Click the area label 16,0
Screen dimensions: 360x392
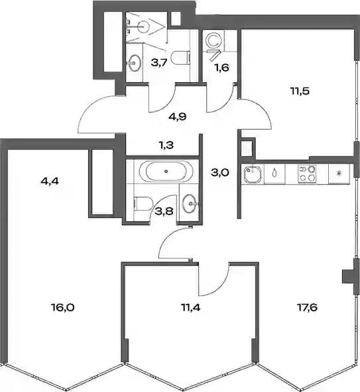click(x=63, y=307)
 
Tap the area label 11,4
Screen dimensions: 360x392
click(x=191, y=307)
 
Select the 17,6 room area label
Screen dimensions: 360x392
click(x=308, y=307)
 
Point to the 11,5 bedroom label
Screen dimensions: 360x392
click(x=300, y=91)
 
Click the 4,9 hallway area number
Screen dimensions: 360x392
click(x=178, y=117)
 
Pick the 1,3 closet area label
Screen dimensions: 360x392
click(x=166, y=145)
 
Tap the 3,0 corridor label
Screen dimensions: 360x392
click(x=220, y=173)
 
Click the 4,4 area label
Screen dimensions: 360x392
click(x=50, y=181)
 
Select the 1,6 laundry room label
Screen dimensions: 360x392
click(x=222, y=68)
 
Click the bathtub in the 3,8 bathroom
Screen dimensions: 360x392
click(x=166, y=171)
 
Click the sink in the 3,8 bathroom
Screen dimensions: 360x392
click(x=190, y=204)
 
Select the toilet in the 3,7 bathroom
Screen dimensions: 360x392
click(x=181, y=58)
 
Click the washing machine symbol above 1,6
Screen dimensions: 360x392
click(x=213, y=41)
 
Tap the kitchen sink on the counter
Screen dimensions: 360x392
click(x=253, y=174)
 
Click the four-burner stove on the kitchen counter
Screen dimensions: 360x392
click(x=307, y=173)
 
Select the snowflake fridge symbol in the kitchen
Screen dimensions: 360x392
click(x=339, y=173)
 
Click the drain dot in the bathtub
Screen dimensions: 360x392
click(x=166, y=171)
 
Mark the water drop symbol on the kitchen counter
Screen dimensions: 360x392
click(x=274, y=173)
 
